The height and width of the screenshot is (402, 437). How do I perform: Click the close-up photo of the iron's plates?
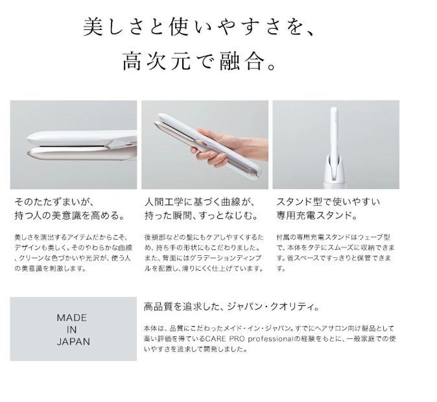[73, 144]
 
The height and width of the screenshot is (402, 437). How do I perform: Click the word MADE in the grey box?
[73, 318]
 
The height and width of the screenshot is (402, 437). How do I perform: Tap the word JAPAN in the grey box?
[73, 341]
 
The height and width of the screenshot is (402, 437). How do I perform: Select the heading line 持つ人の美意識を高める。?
[68, 215]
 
